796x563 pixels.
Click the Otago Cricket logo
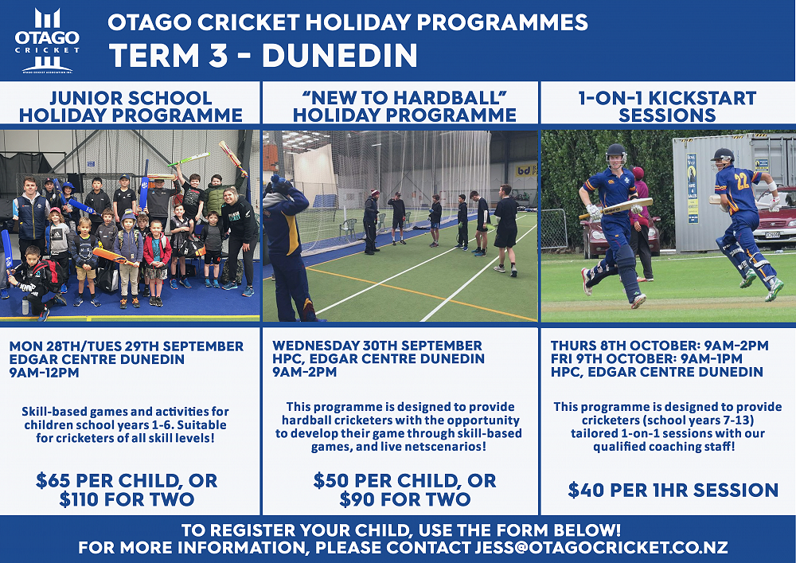pyautogui.click(x=47, y=41)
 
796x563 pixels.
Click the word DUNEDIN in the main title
pyautogui.click(x=340, y=55)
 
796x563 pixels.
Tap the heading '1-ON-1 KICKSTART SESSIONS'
pyautogui.click(x=667, y=106)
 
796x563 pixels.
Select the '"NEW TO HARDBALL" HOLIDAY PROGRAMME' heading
pyautogui.click(x=404, y=106)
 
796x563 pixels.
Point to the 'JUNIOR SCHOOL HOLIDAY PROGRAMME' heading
pyautogui.click(x=131, y=106)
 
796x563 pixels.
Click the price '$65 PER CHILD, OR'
pyautogui.click(x=127, y=480)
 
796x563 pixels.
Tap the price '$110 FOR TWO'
pyautogui.click(x=127, y=499)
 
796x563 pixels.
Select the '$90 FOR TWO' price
pyautogui.click(x=404, y=499)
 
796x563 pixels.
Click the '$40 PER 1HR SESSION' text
pyautogui.click(x=673, y=490)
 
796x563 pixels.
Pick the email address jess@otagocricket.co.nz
pyautogui.click(x=601, y=547)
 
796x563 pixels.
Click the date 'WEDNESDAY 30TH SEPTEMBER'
pyautogui.click(x=377, y=346)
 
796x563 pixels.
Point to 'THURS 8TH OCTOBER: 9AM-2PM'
pyautogui.click(x=659, y=346)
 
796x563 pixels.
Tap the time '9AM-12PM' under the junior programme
pyautogui.click(x=44, y=372)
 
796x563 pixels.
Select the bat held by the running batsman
pyautogui.click(x=616, y=208)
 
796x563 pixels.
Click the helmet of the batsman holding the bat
pyautogui.click(x=616, y=154)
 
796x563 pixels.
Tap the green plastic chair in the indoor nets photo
pyautogui.click(x=348, y=229)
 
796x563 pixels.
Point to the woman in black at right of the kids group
pyautogui.click(x=239, y=241)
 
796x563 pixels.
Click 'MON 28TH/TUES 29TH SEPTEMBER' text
pyautogui.click(x=127, y=346)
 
